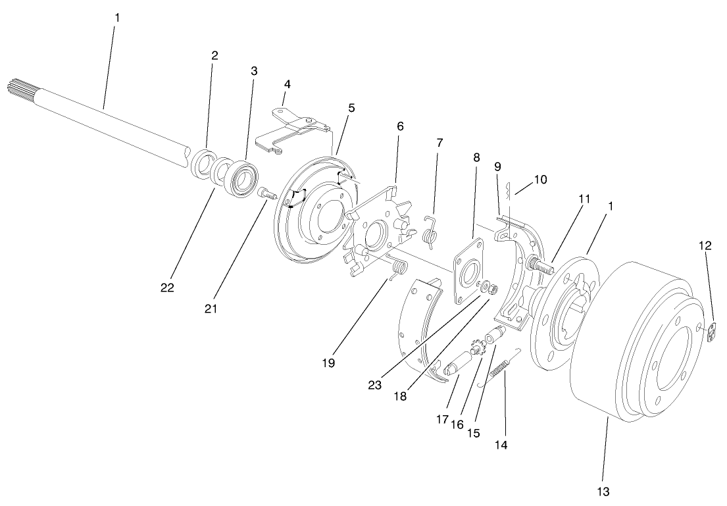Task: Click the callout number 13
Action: (x=604, y=491)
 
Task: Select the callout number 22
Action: (x=167, y=288)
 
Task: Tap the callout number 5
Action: (x=351, y=107)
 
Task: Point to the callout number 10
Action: (x=541, y=178)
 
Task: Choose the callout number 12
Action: (x=705, y=245)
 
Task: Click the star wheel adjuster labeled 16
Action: (x=476, y=349)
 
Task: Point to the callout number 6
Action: (x=400, y=126)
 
